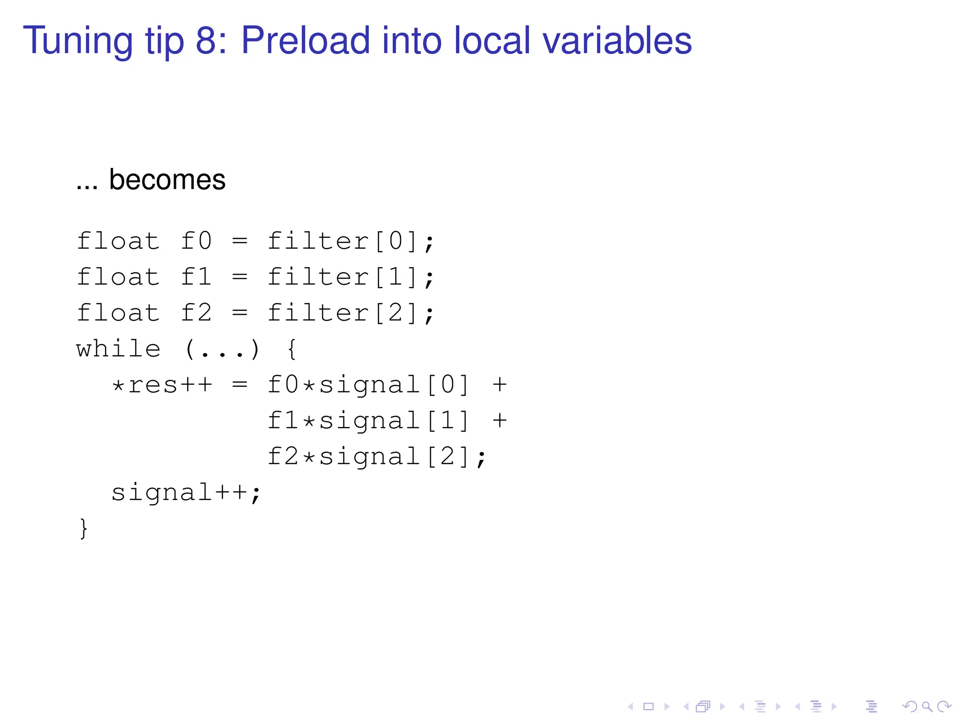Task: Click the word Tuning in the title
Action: point(78,41)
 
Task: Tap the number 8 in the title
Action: point(206,40)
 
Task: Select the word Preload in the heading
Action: point(305,40)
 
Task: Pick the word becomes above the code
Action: point(167,179)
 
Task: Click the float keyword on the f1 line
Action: point(118,277)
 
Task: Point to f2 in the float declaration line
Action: point(196,313)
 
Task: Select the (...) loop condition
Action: point(222,350)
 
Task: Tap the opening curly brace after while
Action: point(292,350)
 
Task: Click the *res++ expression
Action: point(162,385)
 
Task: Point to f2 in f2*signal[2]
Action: point(283,456)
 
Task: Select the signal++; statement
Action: point(186,493)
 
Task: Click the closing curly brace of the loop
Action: point(84,529)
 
